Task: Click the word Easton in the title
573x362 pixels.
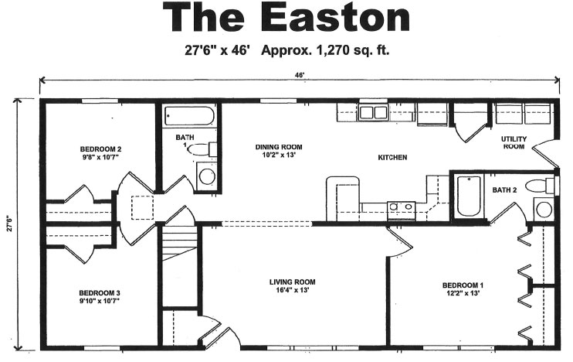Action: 335,18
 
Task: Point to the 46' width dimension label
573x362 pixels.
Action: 300,75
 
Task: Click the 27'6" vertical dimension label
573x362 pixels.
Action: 9,224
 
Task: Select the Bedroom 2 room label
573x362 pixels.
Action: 100,153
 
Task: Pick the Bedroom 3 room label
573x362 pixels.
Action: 100,297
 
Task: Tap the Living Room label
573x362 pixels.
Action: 293,286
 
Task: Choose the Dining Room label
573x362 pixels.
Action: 279,150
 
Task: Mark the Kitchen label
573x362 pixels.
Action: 392,157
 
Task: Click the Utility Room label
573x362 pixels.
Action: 514,142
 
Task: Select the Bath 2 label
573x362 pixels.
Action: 504,190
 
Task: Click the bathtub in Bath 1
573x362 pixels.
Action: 188,116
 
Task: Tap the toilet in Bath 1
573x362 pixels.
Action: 202,150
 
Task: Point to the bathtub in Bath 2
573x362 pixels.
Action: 469,196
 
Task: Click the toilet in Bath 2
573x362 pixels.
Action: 540,186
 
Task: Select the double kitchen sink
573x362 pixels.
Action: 373,112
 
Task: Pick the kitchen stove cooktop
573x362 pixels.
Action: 402,210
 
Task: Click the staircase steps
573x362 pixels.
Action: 179,244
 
